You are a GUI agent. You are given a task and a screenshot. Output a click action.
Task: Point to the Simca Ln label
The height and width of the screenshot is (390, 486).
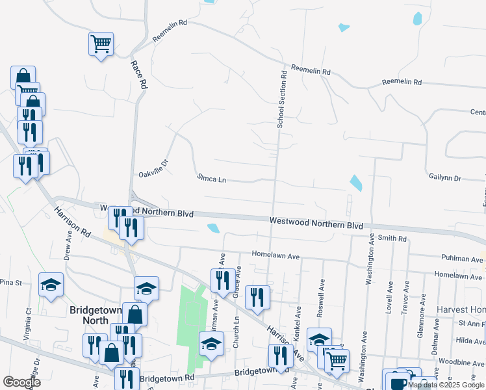pyautogui.click(x=211, y=177)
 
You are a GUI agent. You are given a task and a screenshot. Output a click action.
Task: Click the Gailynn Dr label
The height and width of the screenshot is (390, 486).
pyautogui.click(x=444, y=177)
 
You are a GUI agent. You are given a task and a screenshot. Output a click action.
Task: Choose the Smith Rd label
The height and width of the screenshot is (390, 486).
pyautogui.click(x=392, y=239)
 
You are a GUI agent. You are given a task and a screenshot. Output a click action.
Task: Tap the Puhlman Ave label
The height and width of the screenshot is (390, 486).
pyautogui.click(x=461, y=258)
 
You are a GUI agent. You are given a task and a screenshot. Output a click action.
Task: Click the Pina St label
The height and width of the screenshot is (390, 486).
pyautogui.click(x=10, y=283)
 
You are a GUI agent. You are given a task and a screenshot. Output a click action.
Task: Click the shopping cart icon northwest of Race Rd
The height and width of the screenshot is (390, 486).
pyautogui.click(x=101, y=45)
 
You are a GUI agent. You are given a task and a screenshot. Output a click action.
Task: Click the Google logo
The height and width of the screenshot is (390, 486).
pyautogui.click(x=21, y=382)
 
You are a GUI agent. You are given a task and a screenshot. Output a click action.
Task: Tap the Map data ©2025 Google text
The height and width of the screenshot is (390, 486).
pyautogui.click(x=446, y=385)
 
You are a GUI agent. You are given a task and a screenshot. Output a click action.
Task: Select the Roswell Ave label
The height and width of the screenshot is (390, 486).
pyautogui.click(x=320, y=299)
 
